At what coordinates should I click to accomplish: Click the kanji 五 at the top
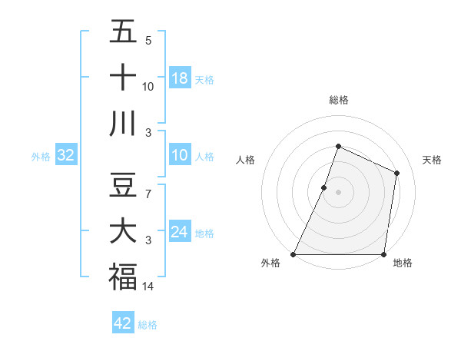pyautogui.click(x=123, y=33)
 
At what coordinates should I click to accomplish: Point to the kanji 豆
pyautogui.click(x=123, y=184)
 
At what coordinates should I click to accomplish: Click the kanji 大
pyautogui.click(x=123, y=231)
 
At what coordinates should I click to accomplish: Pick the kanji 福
pyautogui.click(x=123, y=277)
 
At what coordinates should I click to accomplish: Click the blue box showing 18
pyautogui.click(x=180, y=78)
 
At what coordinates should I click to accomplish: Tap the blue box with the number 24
pyautogui.click(x=180, y=232)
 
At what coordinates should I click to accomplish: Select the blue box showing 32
pyautogui.click(x=66, y=156)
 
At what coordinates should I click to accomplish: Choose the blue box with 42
pyautogui.click(x=123, y=323)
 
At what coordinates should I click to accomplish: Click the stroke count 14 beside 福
pyautogui.click(x=149, y=286)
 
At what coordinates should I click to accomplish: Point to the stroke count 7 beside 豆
pyautogui.click(x=148, y=194)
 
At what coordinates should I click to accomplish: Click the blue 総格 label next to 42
pyautogui.click(x=148, y=325)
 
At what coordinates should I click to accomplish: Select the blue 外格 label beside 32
pyautogui.click(x=41, y=157)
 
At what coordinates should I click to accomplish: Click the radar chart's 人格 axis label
pyautogui.click(x=245, y=160)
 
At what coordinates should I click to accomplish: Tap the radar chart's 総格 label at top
pyautogui.click(x=338, y=100)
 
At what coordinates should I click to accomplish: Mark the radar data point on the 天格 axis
pyautogui.click(x=397, y=173)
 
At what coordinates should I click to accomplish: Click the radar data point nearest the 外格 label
pyautogui.click(x=294, y=254)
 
